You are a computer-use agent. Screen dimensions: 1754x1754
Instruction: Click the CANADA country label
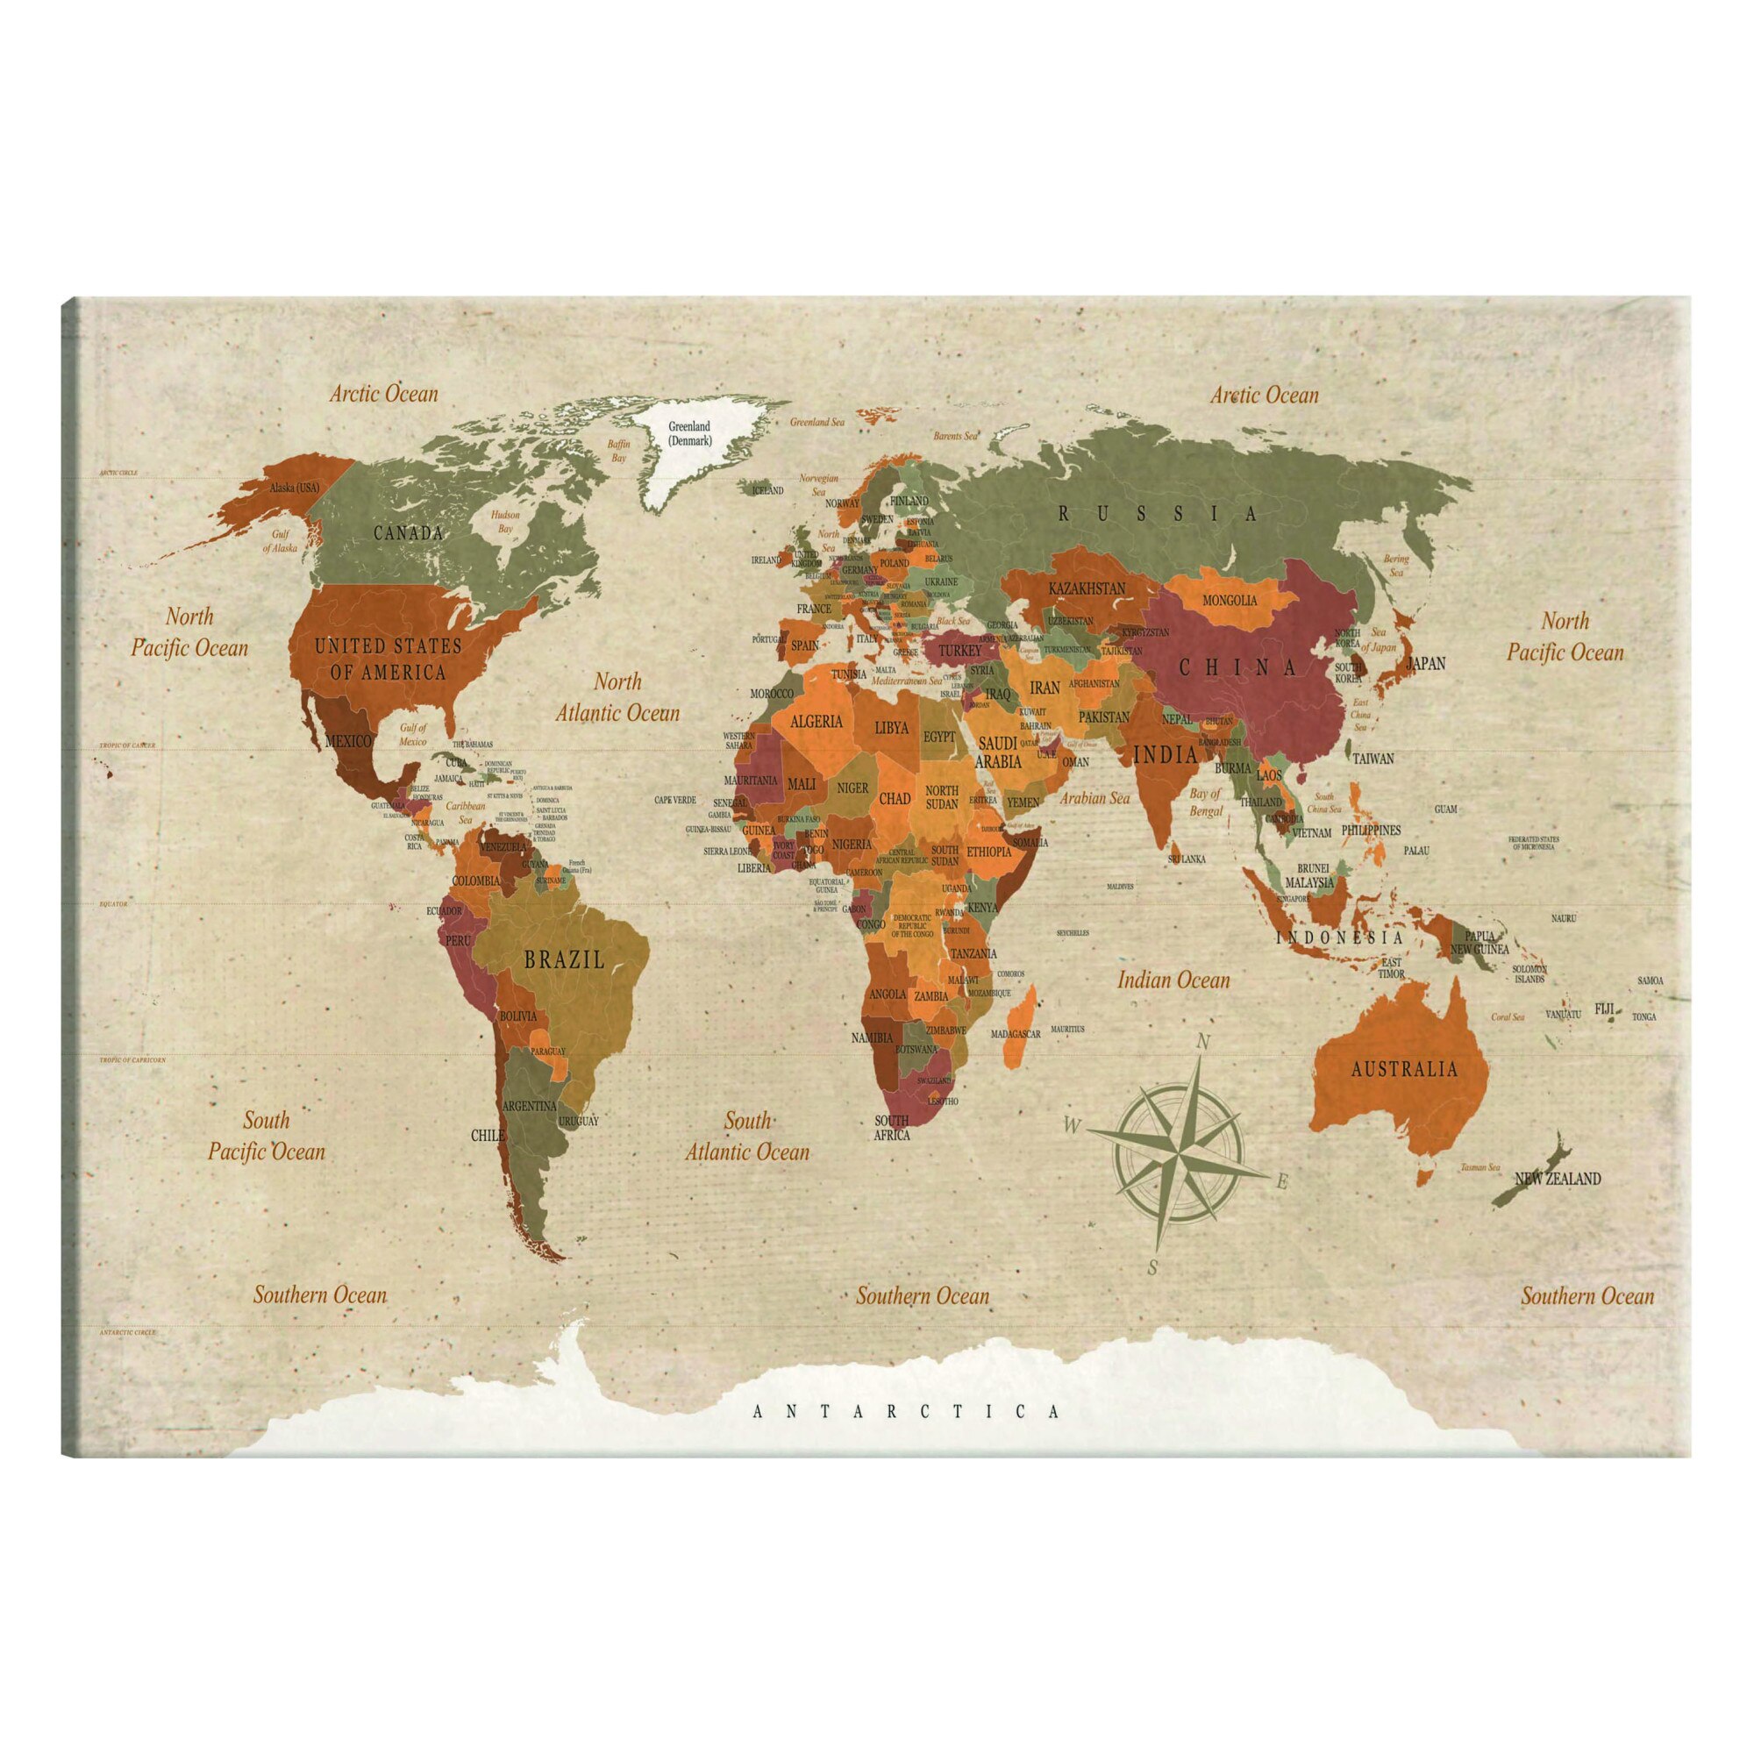(409, 533)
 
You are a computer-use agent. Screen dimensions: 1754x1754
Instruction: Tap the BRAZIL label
(564, 959)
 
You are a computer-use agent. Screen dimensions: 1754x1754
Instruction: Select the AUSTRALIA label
(1404, 1068)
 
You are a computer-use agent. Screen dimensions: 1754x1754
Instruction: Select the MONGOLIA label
(1230, 600)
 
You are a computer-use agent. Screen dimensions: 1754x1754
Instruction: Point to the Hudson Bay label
(506, 521)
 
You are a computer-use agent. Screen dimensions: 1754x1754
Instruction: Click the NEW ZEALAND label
(1557, 1180)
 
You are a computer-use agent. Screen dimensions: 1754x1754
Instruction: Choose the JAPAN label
(1425, 664)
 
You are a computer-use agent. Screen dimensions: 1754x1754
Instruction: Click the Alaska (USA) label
(295, 488)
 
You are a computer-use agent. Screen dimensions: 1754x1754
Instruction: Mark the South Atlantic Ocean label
(746, 1136)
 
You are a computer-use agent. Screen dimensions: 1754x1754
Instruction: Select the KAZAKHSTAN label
(1087, 588)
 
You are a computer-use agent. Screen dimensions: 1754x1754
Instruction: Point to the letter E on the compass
(1282, 1182)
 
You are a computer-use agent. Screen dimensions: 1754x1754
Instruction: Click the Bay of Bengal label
(1206, 802)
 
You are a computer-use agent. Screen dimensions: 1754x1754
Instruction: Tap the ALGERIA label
(818, 723)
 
